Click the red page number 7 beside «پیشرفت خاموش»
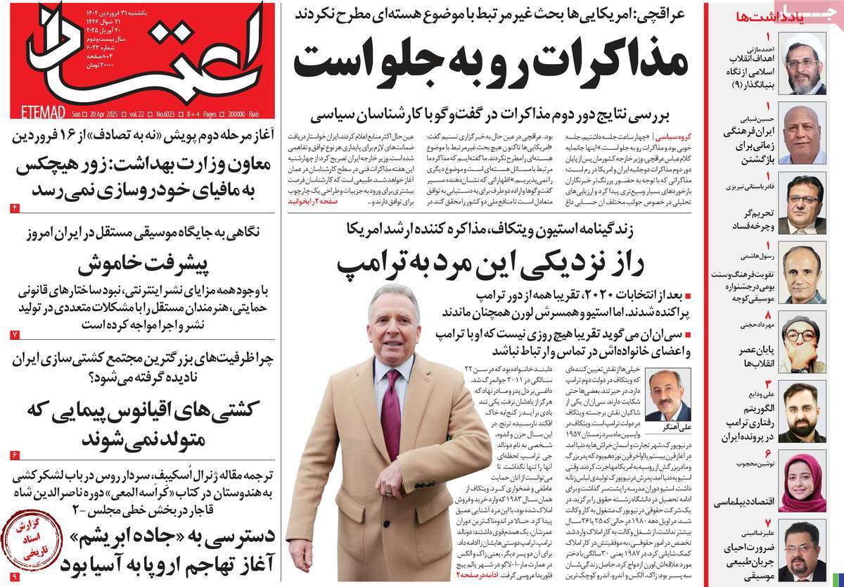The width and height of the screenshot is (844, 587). pos(15,334)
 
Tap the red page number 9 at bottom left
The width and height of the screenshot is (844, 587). pos(15,577)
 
